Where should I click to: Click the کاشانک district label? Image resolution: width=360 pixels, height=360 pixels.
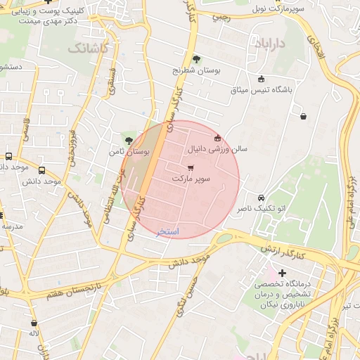click(88, 49)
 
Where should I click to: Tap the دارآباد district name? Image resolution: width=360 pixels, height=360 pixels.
click(270, 44)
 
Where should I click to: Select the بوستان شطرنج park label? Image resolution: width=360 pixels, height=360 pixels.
click(196, 70)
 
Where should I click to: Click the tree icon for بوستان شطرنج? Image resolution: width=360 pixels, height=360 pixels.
click(196, 59)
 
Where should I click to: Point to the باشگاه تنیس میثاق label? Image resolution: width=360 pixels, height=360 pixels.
click(261, 90)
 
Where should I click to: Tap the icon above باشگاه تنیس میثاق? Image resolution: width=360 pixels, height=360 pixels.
click(262, 79)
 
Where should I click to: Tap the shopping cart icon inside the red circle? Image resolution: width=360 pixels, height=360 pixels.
click(191, 168)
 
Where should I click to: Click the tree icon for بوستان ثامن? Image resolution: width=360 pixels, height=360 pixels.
click(127, 141)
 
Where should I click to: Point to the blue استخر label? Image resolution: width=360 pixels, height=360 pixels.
click(168, 231)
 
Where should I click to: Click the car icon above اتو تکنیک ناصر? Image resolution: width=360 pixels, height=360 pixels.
click(262, 198)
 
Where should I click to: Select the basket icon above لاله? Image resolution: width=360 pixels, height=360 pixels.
click(33, 322)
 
